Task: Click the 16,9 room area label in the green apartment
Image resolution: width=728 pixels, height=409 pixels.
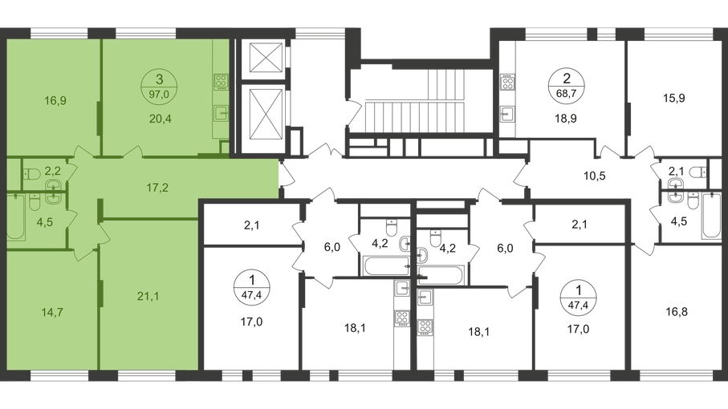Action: [55, 101]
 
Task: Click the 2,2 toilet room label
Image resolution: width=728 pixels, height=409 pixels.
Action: [53, 170]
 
